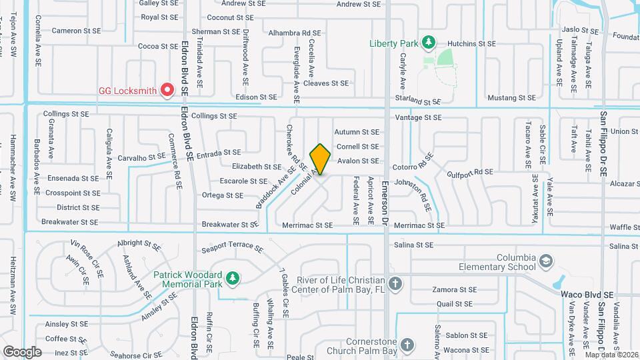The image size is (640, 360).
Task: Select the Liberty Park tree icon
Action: (x=429, y=43)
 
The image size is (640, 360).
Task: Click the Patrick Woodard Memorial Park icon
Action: (x=232, y=277)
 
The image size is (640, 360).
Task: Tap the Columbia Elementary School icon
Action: (x=547, y=259)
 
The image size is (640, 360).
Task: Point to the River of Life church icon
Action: (x=395, y=284)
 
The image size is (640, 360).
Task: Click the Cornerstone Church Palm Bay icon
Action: (x=408, y=345)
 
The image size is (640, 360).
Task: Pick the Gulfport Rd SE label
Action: (x=469, y=171)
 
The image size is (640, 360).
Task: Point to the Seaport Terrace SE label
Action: (x=232, y=248)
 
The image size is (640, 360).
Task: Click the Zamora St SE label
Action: (x=454, y=290)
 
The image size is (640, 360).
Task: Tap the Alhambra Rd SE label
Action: (x=293, y=32)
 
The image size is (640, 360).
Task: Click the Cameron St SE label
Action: (x=76, y=31)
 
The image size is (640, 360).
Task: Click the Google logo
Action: (x=23, y=351)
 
